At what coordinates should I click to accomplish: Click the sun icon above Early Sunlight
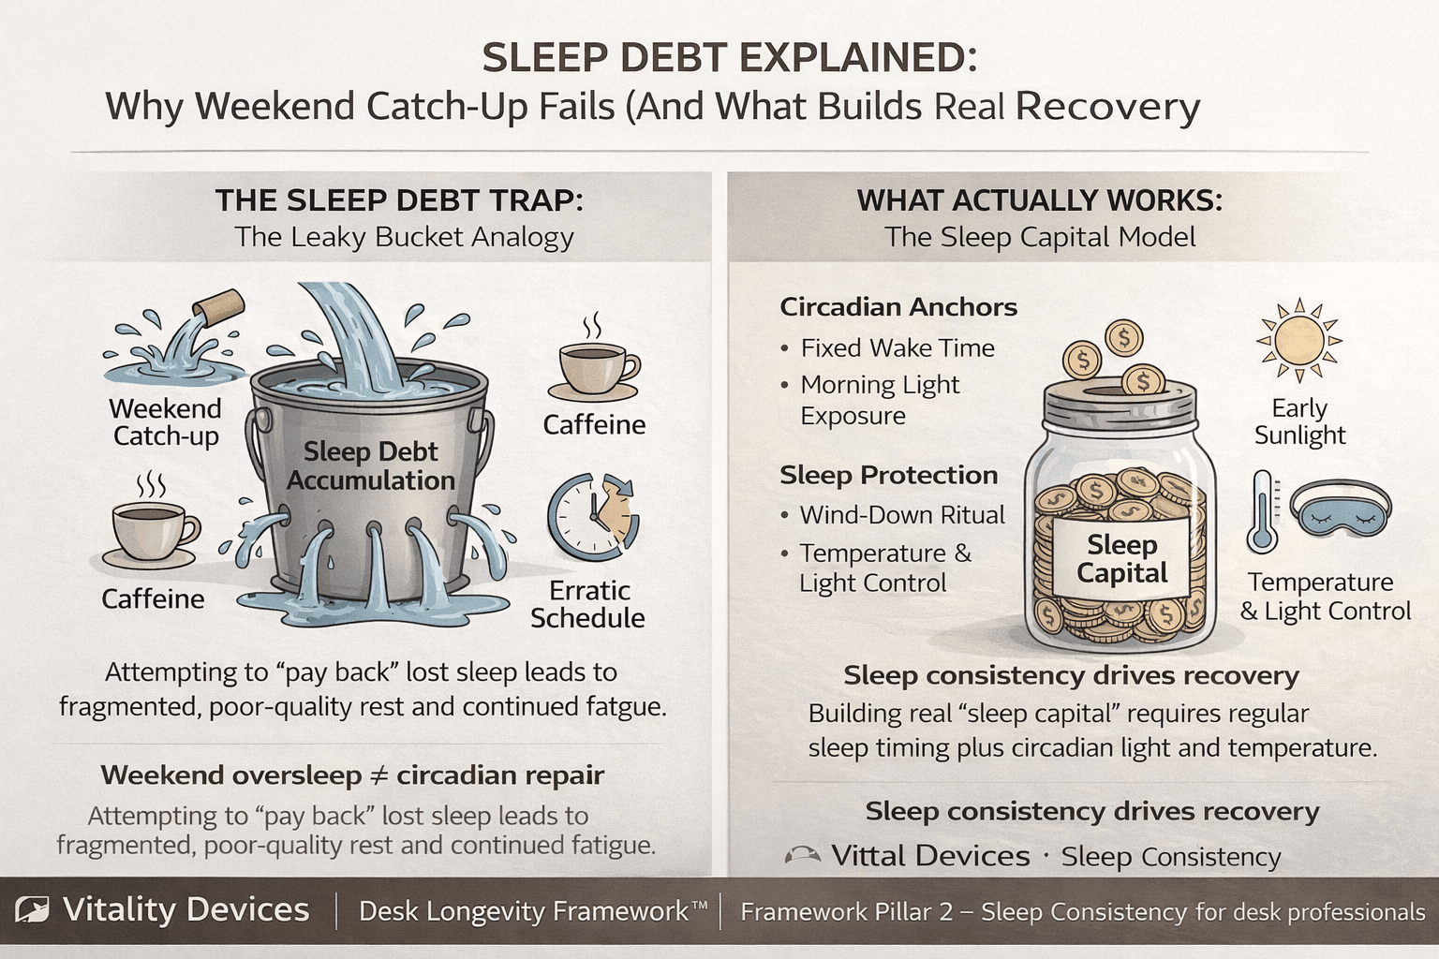point(1298,341)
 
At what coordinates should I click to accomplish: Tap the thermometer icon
point(1263,512)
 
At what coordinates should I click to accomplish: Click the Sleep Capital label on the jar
point(1121,559)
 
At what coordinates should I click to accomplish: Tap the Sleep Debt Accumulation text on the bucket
point(371,465)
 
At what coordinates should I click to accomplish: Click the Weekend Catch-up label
point(166,422)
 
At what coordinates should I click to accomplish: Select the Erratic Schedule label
point(587,604)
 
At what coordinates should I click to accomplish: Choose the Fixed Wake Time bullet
point(897,348)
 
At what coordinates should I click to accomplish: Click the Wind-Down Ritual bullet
point(901,515)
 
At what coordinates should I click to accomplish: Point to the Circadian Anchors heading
point(898,307)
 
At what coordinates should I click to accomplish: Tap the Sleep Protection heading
point(888,475)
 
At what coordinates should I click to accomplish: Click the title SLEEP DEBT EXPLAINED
point(730,58)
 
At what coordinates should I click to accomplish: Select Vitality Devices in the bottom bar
point(185,910)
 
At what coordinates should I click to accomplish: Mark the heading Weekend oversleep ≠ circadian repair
point(352,775)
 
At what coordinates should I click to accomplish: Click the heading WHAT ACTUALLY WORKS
point(1039,200)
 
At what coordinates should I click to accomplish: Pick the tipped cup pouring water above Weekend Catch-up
point(215,308)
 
